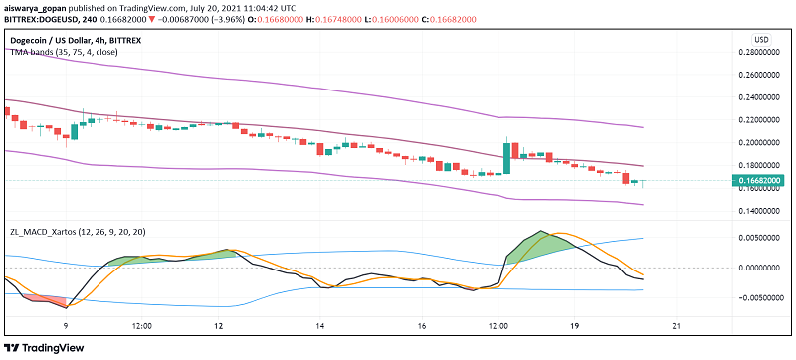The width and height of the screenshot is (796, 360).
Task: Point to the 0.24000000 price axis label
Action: [x=764, y=97]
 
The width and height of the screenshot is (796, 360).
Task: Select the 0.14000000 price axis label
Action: [x=764, y=211]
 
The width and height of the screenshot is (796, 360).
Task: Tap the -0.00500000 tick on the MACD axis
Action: [x=764, y=297]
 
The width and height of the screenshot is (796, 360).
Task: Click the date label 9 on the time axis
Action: [x=66, y=325]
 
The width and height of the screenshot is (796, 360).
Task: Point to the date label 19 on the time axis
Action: [x=575, y=325]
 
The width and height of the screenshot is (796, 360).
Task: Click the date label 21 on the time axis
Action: [x=677, y=325]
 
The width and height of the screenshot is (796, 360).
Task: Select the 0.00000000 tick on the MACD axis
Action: [x=764, y=268]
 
